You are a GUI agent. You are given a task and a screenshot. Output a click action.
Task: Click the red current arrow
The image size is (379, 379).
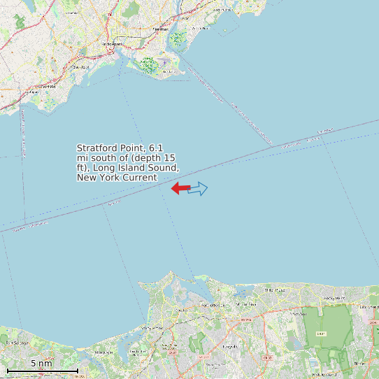(x=180, y=187)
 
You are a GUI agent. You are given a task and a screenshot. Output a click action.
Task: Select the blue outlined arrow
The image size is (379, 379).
(x=199, y=188)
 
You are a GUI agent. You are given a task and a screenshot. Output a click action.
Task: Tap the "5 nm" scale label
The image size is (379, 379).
(x=41, y=364)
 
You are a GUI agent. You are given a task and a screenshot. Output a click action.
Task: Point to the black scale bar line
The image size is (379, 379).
(x=42, y=370)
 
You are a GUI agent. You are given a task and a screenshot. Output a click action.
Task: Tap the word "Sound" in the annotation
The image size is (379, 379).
(x=165, y=169)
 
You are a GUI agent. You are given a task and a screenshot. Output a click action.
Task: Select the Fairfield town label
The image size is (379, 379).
(x=48, y=86)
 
